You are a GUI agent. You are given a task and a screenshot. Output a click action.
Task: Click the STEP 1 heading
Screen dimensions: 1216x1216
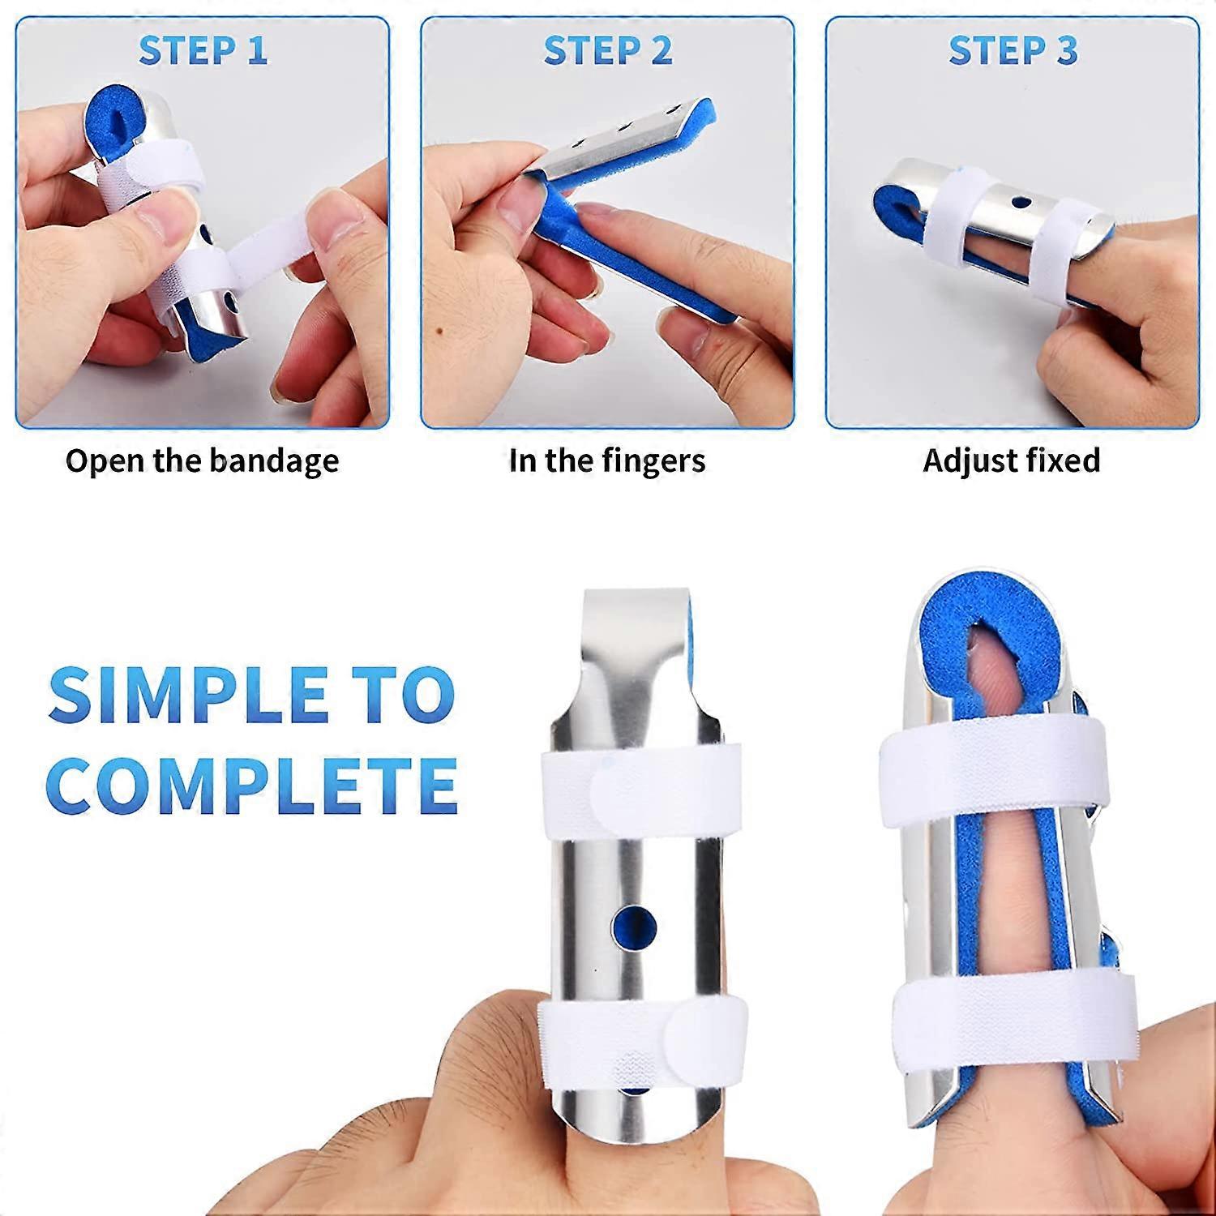click(x=203, y=50)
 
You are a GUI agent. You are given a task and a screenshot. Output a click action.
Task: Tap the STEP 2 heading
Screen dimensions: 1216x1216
click(x=608, y=50)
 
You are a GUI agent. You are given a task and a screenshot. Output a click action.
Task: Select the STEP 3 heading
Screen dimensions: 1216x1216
click(x=1013, y=50)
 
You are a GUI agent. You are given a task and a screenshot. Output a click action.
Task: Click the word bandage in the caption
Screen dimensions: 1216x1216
click(x=274, y=461)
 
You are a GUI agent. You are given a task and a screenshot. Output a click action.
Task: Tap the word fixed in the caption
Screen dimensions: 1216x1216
click(x=1063, y=460)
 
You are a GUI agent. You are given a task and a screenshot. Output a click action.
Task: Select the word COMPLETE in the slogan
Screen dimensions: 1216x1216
click(x=251, y=785)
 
